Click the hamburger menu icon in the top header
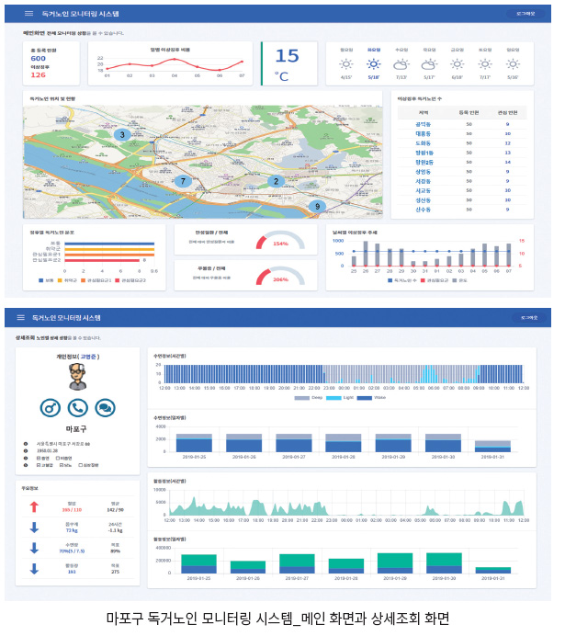[x=29, y=14]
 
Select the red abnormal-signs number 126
[x=39, y=74]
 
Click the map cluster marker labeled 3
[x=121, y=135]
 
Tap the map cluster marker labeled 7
[x=183, y=181]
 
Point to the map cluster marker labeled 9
[x=317, y=207]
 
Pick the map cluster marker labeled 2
[x=274, y=181]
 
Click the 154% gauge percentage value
[x=280, y=244]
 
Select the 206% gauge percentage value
[x=280, y=279]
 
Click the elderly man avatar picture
[x=78, y=376]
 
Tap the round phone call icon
[x=78, y=407]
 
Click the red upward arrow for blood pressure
[x=34, y=506]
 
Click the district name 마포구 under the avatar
[x=77, y=429]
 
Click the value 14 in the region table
[x=508, y=161]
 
